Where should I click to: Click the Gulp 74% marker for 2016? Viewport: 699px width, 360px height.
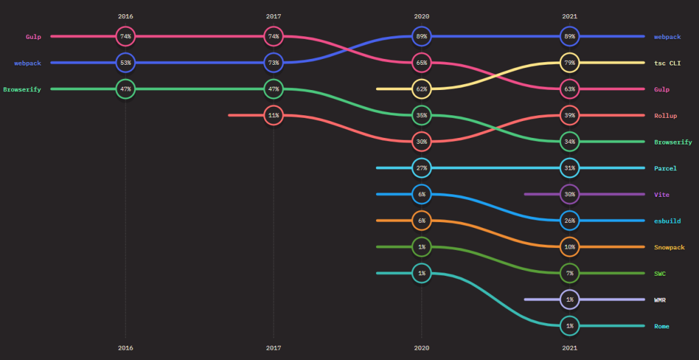pos(126,37)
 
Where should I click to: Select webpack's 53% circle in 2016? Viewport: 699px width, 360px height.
pos(126,63)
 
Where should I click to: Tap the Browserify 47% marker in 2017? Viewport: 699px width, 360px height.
pos(274,89)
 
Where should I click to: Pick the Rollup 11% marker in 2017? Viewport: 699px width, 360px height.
pos(274,115)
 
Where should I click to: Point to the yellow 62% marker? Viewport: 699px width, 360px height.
pos(421,89)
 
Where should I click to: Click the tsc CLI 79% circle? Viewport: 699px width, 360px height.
pos(570,63)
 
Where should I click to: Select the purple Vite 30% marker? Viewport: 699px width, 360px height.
pos(570,194)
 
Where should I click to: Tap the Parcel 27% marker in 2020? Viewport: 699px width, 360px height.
pos(421,168)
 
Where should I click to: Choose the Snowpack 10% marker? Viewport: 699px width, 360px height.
pos(570,247)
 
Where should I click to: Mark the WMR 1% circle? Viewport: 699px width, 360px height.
pos(570,300)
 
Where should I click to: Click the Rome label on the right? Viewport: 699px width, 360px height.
pos(661,326)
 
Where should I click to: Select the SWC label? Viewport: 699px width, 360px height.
pos(660,274)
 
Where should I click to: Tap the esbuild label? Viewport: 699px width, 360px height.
pos(667,221)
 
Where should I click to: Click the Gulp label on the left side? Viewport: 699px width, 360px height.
pos(33,37)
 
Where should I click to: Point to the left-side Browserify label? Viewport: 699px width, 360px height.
pos(22,89)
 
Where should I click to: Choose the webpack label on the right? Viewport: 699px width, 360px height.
pos(667,37)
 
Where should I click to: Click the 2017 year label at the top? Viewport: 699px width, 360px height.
pos(274,16)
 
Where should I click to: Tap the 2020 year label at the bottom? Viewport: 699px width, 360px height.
pos(421,348)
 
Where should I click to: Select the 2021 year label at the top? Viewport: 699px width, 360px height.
pos(570,16)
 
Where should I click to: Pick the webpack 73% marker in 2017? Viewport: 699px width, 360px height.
pos(274,63)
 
